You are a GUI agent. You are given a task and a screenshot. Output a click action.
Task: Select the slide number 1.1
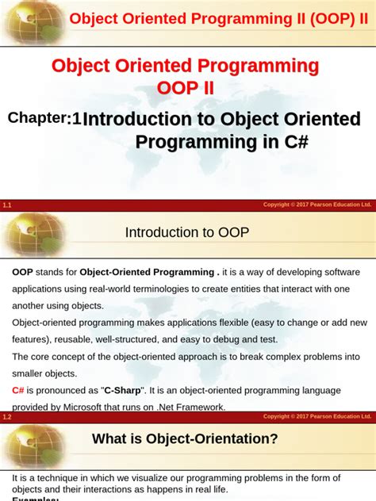(7, 205)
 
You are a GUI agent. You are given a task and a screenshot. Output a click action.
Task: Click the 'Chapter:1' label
(44, 119)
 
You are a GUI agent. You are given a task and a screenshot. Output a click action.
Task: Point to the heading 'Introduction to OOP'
(186, 232)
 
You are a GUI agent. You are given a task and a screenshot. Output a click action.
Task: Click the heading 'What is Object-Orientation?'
(185, 438)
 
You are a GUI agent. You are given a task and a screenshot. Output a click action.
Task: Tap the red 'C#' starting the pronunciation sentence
(18, 390)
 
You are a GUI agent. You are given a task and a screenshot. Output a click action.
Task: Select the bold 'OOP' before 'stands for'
(22, 271)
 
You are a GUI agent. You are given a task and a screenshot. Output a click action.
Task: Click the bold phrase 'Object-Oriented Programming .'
(149, 271)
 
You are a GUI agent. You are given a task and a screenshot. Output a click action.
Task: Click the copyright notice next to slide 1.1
(317, 205)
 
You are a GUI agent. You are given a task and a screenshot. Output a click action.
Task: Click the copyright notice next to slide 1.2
(317, 416)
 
